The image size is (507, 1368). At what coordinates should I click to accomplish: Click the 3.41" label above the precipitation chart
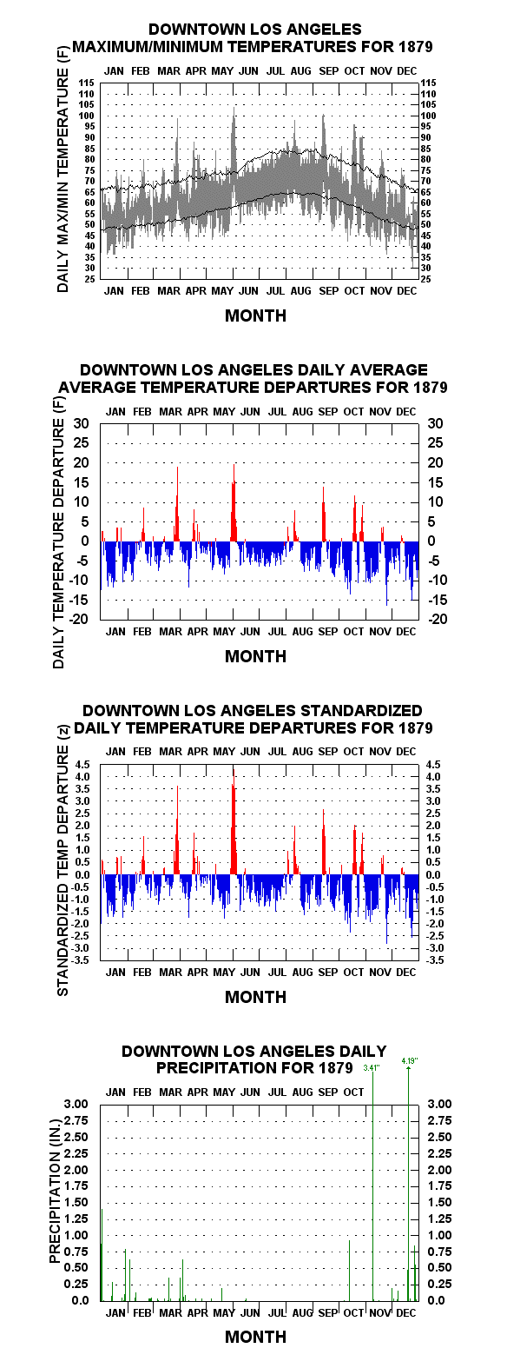(x=372, y=1068)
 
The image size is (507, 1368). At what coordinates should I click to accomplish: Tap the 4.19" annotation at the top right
(x=410, y=1060)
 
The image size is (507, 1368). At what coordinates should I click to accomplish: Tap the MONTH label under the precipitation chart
(x=255, y=1337)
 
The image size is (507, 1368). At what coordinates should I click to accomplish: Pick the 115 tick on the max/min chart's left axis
(x=87, y=83)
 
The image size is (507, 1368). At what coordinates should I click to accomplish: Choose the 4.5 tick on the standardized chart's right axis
(x=433, y=765)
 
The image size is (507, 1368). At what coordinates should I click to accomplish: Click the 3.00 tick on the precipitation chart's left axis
(x=76, y=1104)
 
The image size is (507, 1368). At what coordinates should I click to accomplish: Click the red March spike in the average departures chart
(x=177, y=504)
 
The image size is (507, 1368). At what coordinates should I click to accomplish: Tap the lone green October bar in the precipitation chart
(x=350, y=1271)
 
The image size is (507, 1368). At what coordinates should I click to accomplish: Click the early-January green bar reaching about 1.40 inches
(x=102, y=1255)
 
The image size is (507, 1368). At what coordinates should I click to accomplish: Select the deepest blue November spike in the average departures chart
(x=387, y=574)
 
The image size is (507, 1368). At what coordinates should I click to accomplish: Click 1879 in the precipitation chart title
(x=336, y=1067)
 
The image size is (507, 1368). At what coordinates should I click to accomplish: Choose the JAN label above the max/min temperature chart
(x=114, y=71)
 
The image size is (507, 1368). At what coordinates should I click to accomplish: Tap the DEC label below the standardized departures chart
(x=405, y=973)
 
